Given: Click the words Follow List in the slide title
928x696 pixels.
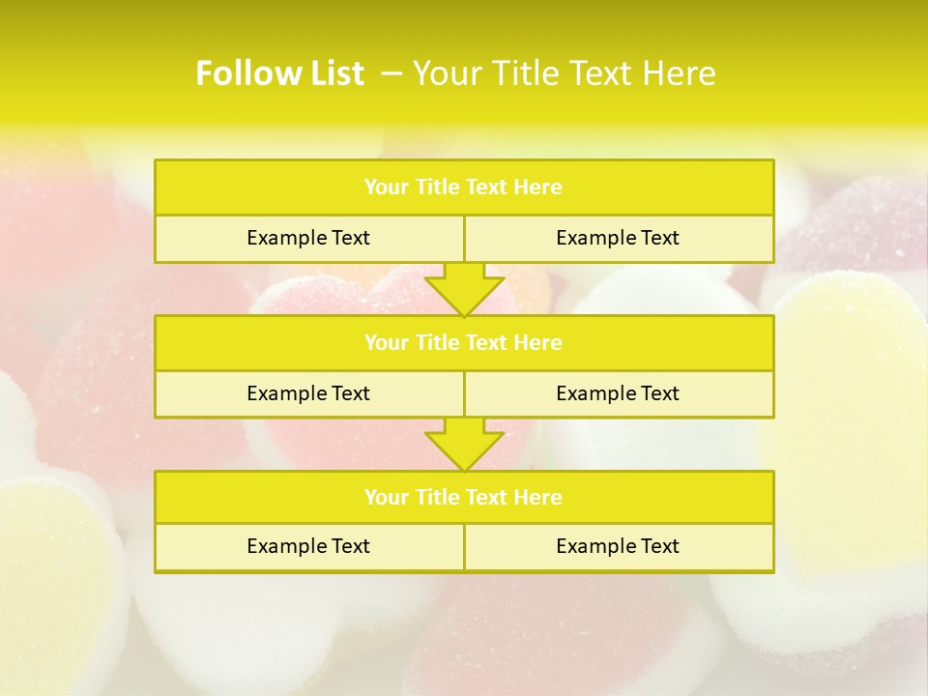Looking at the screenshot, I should click(279, 73).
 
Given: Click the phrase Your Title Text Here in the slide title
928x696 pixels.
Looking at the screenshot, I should click(565, 73).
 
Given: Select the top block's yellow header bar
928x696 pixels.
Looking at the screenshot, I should click(464, 188).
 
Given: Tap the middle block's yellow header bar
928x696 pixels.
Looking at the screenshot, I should click(464, 343).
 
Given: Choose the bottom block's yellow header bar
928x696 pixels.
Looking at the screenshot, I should click(464, 498).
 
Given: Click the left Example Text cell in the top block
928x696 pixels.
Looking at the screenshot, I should click(308, 239).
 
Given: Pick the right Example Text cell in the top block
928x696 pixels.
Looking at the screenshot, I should click(618, 239).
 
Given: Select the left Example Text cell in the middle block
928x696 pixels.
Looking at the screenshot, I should click(308, 393).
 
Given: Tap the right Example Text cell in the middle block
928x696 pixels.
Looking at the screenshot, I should click(618, 393).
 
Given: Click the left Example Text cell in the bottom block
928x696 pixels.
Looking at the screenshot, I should click(308, 547).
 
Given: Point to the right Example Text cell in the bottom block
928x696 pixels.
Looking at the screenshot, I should click(618, 547).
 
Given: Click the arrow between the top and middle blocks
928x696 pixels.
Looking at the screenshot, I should click(464, 289).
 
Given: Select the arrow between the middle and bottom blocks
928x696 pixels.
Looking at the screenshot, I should click(464, 444).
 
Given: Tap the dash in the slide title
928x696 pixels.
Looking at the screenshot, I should click(391, 73).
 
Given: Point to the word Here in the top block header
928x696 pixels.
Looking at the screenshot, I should click(538, 188).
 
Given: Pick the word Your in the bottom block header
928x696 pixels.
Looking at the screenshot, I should click(386, 498).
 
